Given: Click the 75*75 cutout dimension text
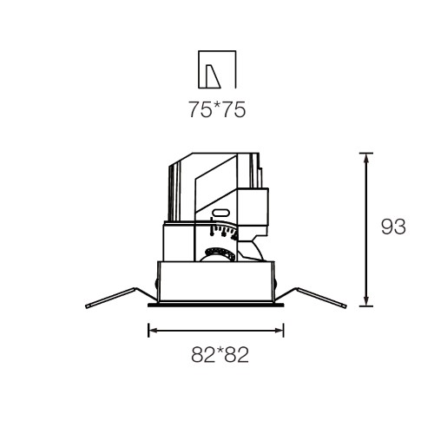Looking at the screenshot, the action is point(217,109).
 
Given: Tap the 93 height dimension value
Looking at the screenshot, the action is point(393,227).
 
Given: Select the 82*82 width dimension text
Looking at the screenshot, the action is point(220,355).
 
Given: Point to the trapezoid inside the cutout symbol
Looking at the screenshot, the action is point(213,76).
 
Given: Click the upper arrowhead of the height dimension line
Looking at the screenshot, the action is point(366,158).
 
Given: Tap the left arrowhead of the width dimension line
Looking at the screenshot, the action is point(154,331).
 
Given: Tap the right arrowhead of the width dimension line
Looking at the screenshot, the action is point(279,331).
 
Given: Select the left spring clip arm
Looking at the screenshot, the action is point(122,297).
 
